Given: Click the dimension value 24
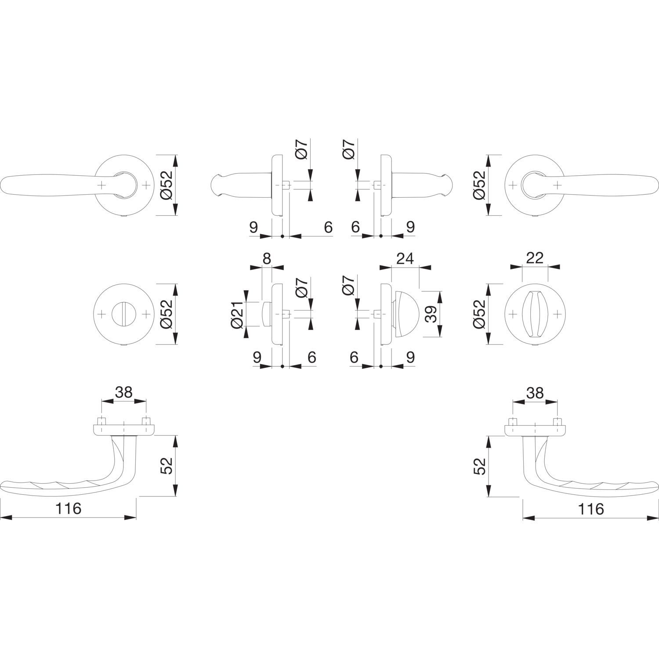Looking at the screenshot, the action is coord(405,259).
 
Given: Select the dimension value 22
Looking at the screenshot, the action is coord(534,258).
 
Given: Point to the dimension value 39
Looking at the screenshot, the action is coord(432,314).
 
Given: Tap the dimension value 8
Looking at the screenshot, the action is coord(267,259).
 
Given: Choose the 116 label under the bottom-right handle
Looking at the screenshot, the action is coord(591,509).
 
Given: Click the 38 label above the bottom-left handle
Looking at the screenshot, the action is coord(123,392).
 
